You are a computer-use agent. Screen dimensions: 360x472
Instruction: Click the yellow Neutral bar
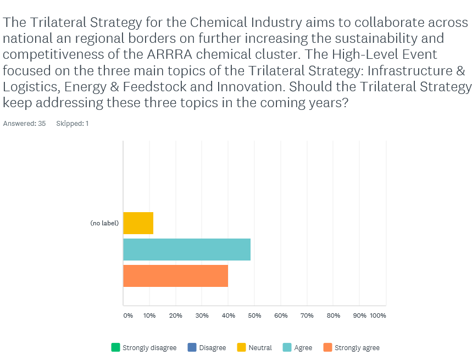tap(138, 223)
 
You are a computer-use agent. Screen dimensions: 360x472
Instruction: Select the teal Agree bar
tap(187, 250)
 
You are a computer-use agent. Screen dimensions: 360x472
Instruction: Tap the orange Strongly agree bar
tap(175, 276)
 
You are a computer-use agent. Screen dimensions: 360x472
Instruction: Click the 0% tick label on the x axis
tap(128, 315)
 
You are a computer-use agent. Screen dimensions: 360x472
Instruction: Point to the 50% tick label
tap(254, 315)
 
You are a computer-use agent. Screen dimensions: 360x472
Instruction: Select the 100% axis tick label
tap(378, 315)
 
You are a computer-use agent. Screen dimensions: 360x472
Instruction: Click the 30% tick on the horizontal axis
tap(202, 315)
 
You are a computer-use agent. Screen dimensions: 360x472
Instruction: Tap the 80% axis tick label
tap(333, 315)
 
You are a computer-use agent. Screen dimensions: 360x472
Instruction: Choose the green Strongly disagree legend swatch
tap(115, 347)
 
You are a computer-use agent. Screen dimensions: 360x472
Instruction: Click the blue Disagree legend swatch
tap(192, 347)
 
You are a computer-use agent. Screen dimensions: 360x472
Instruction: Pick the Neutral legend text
tap(260, 348)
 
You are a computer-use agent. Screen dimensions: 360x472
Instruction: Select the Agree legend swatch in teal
tap(287, 347)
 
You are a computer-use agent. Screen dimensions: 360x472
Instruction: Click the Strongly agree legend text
tap(357, 348)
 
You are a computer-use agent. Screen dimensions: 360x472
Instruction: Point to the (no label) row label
tap(104, 223)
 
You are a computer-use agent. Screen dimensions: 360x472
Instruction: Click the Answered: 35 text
tap(24, 124)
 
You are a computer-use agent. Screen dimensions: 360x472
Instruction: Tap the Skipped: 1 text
tap(72, 124)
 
